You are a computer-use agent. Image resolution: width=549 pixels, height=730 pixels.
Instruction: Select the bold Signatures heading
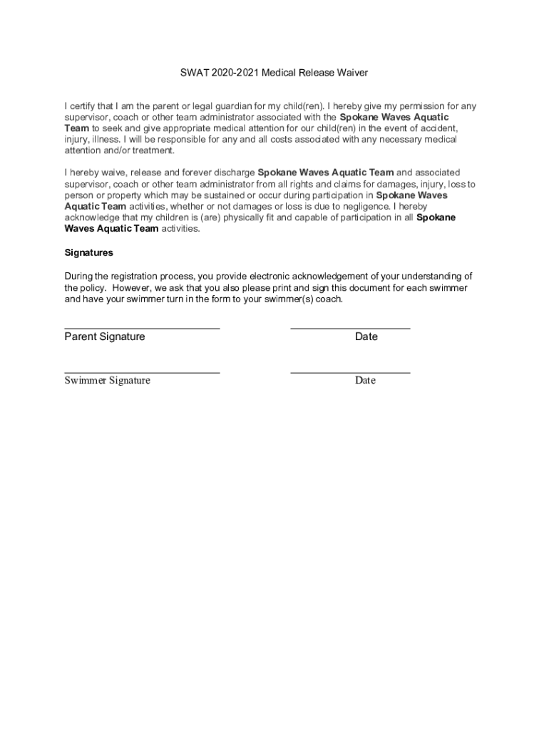tap(89, 253)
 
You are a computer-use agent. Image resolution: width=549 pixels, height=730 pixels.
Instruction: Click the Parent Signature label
tap(105, 336)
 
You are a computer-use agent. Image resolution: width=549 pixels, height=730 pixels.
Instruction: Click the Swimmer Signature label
tap(108, 380)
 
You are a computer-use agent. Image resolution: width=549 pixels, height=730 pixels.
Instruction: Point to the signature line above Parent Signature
tap(142, 329)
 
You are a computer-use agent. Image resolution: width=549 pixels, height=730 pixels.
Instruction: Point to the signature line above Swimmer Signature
tap(142, 373)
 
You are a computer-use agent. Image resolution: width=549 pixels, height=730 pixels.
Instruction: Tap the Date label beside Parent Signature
tap(366, 336)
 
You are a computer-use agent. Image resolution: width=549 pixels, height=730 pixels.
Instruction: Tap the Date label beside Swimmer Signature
tap(366, 380)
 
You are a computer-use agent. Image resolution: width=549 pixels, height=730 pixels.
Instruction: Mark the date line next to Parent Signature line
tap(350, 329)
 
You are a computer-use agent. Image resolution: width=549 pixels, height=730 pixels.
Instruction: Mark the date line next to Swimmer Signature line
tap(350, 373)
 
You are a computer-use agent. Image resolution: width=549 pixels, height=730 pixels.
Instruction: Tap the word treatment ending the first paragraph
tap(153, 150)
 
